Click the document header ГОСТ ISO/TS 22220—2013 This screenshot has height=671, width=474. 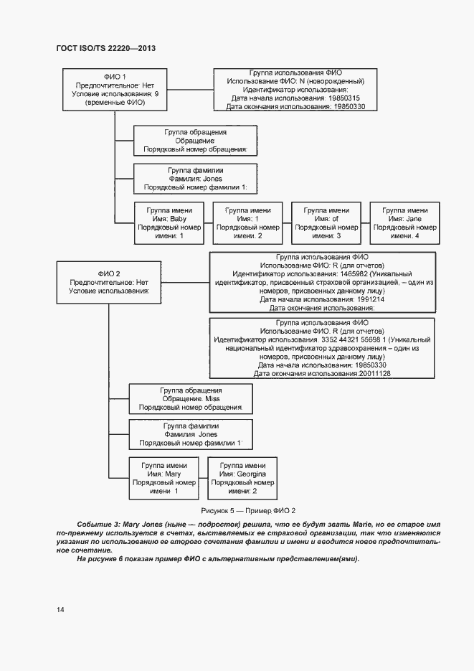(x=105, y=47)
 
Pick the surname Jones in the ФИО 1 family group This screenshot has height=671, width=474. (x=213, y=179)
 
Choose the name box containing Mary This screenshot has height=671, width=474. (x=163, y=478)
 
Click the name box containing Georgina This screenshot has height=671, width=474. (x=242, y=478)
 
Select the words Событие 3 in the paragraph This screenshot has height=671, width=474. (x=98, y=525)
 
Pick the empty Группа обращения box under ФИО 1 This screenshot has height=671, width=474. (x=196, y=141)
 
